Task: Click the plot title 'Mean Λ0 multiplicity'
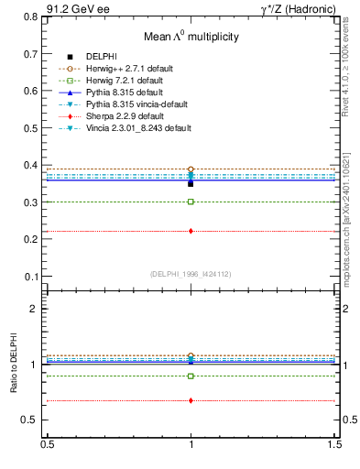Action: pyautogui.click(x=191, y=37)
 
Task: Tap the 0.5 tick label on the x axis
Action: pyautogui.click(x=47, y=443)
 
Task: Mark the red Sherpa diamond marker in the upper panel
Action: pyautogui.click(x=191, y=231)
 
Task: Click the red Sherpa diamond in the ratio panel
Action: pyautogui.click(x=191, y=400)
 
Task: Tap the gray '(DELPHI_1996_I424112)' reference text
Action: pyautogui.click(x=191, y=273)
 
